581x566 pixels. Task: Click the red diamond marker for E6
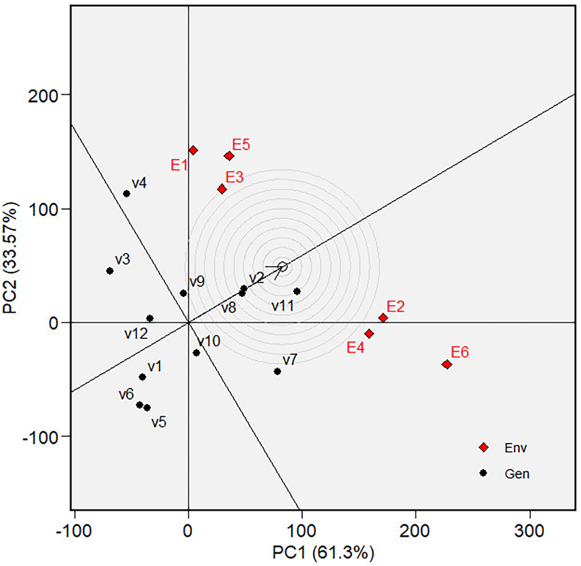pyautogui.click(x=447, y=364)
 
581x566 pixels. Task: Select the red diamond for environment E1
pyautogui.click(x=193, y=150)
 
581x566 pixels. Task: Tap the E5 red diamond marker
pyautogui.click(x=229, y=156)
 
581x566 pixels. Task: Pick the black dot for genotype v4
pyautogui.click(x=126, y=194)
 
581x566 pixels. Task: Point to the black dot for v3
pyautogui.click(x=110, y=271)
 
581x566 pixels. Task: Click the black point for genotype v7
pyautogui.click(x=277, y=371)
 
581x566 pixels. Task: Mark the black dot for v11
pyautogui.click(x=297, y=291)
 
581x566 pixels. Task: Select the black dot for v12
pyautogui.click(x=150, y=319)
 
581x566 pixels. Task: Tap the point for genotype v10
pyautogui.click(x=196, y=353)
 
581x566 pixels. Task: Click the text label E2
pyautogui.click(x=396, y=307)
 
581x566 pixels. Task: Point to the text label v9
pyautogui.click(x=197, y=282)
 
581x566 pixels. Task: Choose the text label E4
pyautogui.click(x=355, y=348)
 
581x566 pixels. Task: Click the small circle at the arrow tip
pyautogui.click(x=282, y=267)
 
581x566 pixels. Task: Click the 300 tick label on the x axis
pyautogui.click(x=530, y=531)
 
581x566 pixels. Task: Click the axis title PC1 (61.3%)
pyautogui.click(x=323, y=553)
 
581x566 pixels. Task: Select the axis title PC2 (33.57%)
pyautogui.click(x=11, y=258)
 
